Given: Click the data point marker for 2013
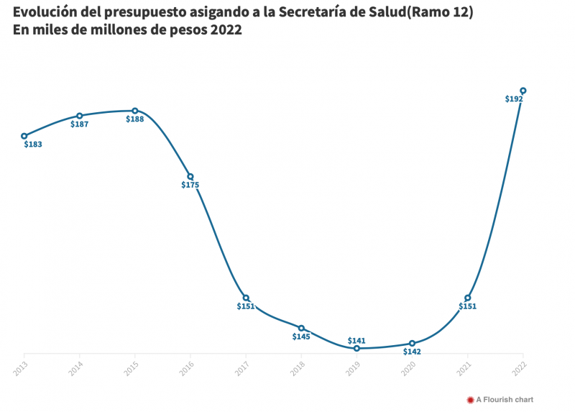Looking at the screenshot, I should point(24,136).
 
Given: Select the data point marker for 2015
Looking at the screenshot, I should point(135,111).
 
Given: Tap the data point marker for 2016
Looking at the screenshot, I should point(190,176).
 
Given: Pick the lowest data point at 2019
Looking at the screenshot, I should point(356,348).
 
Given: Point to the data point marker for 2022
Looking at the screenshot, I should point(523,91).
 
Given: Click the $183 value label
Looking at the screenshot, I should point(33,145).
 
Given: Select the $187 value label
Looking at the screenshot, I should point(79,124).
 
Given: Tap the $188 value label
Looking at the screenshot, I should point(135,119).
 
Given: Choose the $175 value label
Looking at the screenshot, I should point(190,185).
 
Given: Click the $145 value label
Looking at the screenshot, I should point(301,337).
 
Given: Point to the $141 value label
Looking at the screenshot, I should point(356,340).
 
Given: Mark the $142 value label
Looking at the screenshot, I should point(412,352).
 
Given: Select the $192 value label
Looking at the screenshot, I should point(514,99).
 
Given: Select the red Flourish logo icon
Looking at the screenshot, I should point(470,400).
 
